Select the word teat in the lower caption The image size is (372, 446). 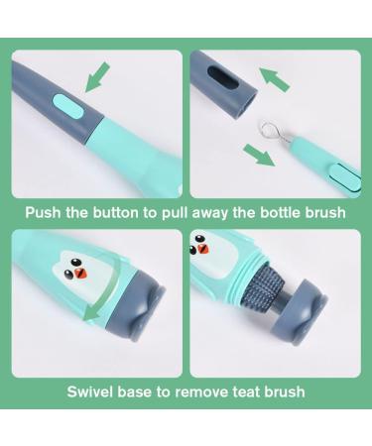235,391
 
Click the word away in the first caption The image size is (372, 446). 219,212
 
